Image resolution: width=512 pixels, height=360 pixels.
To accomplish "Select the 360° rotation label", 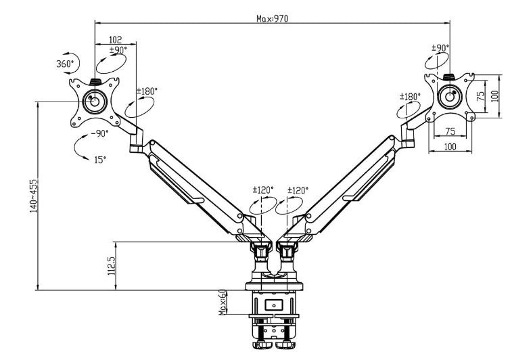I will pos(66,64).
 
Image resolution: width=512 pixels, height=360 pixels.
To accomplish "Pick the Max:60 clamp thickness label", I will pos(222,302).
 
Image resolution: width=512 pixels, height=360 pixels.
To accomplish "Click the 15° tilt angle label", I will pos(99,160).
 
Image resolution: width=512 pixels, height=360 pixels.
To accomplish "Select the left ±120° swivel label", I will pos(262,191).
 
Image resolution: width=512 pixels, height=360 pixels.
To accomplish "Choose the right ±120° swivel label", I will pos(298,191).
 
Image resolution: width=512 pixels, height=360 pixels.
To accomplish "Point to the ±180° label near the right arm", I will pos(408,97).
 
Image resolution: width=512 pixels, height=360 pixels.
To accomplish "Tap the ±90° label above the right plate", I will pos(440,48).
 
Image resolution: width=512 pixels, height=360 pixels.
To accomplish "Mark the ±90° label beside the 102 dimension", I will pos(118,49).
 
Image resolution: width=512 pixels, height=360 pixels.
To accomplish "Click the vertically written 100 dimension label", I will pos(494,95).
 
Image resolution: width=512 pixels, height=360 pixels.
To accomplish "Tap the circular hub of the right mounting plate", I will pos(449,95).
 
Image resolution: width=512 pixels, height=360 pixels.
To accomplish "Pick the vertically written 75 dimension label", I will pos(481,95).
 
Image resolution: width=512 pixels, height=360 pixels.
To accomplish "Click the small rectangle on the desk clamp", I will pos(274,305).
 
